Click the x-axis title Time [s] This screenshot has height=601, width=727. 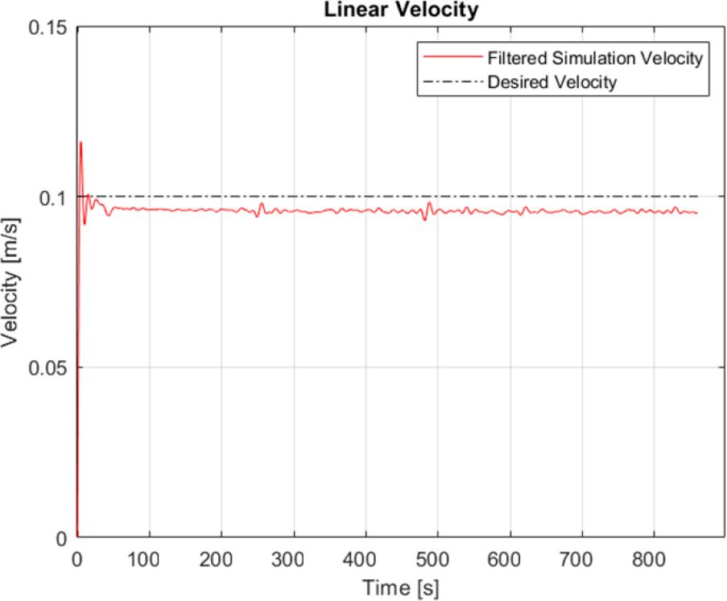click(x=399, y=587)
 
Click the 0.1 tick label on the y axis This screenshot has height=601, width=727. click(x=56, y=197)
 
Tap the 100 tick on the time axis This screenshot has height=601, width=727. click(x=149, y=557)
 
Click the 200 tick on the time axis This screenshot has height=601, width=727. click(x=221, y=557)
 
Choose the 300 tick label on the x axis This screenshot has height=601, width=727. click(x=294, y=557)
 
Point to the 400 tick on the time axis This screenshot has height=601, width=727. click(x=366, y=557)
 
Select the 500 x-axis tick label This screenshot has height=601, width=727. click(x=438, y=557)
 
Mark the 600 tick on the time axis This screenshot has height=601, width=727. click(x=510, y=557)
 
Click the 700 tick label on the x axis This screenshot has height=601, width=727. click(x=582, y=557)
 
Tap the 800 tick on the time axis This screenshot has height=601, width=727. click(x=654, y=557)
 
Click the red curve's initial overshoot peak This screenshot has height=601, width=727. click(x=81, y=142)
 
